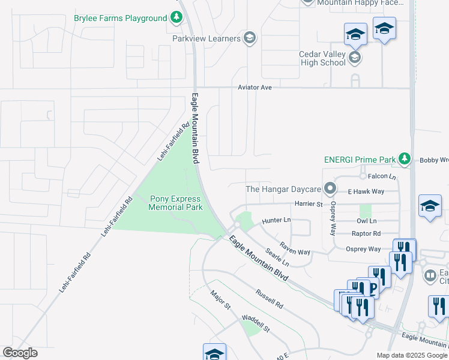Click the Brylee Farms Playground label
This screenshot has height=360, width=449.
[120, 18]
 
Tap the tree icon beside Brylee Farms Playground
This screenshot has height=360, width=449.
[176, 18]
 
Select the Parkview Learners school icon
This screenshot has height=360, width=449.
[250, 38]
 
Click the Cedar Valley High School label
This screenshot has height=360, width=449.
[322, 58]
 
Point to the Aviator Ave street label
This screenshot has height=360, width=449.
[255, 88]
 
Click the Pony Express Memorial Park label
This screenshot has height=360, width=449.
[176, 203]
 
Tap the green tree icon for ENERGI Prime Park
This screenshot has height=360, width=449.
[405, 159]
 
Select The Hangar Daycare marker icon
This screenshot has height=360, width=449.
[330, 189]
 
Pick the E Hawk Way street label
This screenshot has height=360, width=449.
[366, 191]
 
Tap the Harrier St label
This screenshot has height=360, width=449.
[309, 205]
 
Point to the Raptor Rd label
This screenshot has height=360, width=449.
[368, 233]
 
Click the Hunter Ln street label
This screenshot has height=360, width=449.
[276, 221]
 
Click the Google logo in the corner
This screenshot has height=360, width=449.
[20, 353]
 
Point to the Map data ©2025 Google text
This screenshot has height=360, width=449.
[412, 355]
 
